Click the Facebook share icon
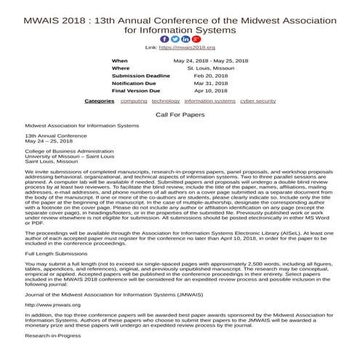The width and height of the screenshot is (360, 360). (x=164, y=39)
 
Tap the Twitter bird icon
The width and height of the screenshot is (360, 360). (x=175, y=39)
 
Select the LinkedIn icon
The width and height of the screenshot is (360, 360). (x=185, y=39)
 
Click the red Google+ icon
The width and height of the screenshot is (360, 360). (x=195, y=39)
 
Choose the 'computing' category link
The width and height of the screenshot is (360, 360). (x=134, y=101)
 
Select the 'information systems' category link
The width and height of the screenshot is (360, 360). (x=209, y=101)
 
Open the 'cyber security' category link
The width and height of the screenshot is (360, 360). (x=257, y=101)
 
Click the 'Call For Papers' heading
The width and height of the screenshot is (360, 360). (x=180, y=115)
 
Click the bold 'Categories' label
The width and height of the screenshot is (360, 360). (x=99, y=101)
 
